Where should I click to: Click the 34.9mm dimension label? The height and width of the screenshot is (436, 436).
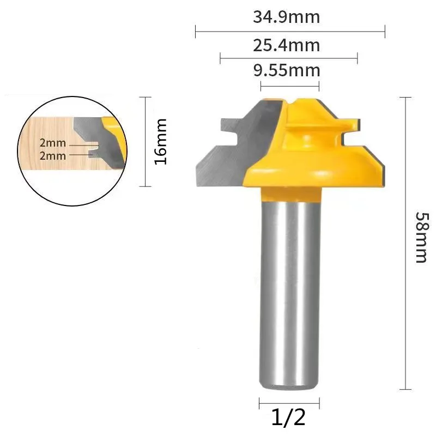click(x=286, y=17)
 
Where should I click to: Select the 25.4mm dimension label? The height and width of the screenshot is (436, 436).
click(x=286, y=45)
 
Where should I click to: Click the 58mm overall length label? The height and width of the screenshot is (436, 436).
click(x=420, y=237)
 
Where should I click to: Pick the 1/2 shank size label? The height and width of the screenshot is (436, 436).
click(x=289, y=418)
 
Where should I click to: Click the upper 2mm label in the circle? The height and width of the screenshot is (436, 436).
click(x=52, y=143)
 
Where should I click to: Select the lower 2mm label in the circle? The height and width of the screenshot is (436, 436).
click(x=52, y=156)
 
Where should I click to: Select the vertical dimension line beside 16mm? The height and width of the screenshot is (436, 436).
click(x=144, y=142)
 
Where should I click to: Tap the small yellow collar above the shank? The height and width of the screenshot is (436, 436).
click(x=289, y=192)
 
